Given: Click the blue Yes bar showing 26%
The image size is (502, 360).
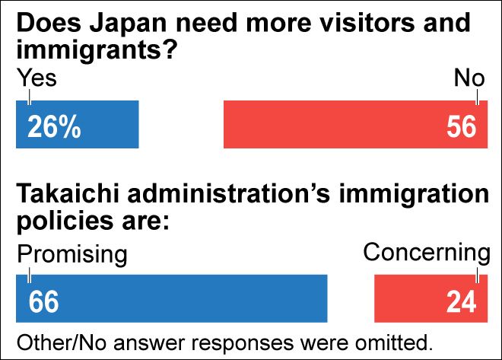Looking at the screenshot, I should pos(99,124).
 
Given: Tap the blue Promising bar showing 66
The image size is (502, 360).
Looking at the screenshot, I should pos(190,298).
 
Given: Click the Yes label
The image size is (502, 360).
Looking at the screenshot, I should pos(37,78).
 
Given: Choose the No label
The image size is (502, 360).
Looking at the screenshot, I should pos(469,78).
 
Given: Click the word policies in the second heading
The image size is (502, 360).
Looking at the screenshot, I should pos(65,223).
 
